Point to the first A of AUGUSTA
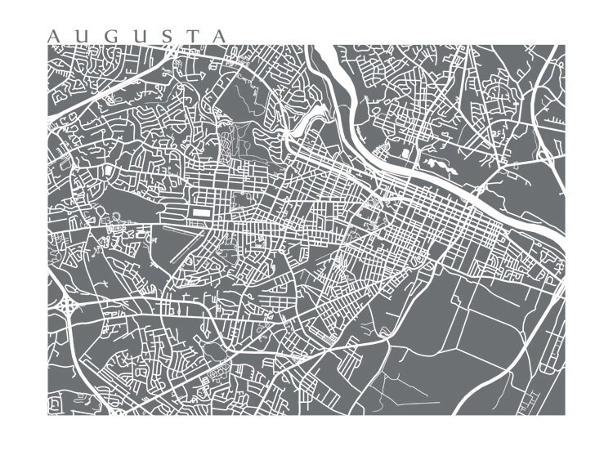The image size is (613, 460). [54, 37]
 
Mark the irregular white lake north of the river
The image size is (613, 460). [442, 167]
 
